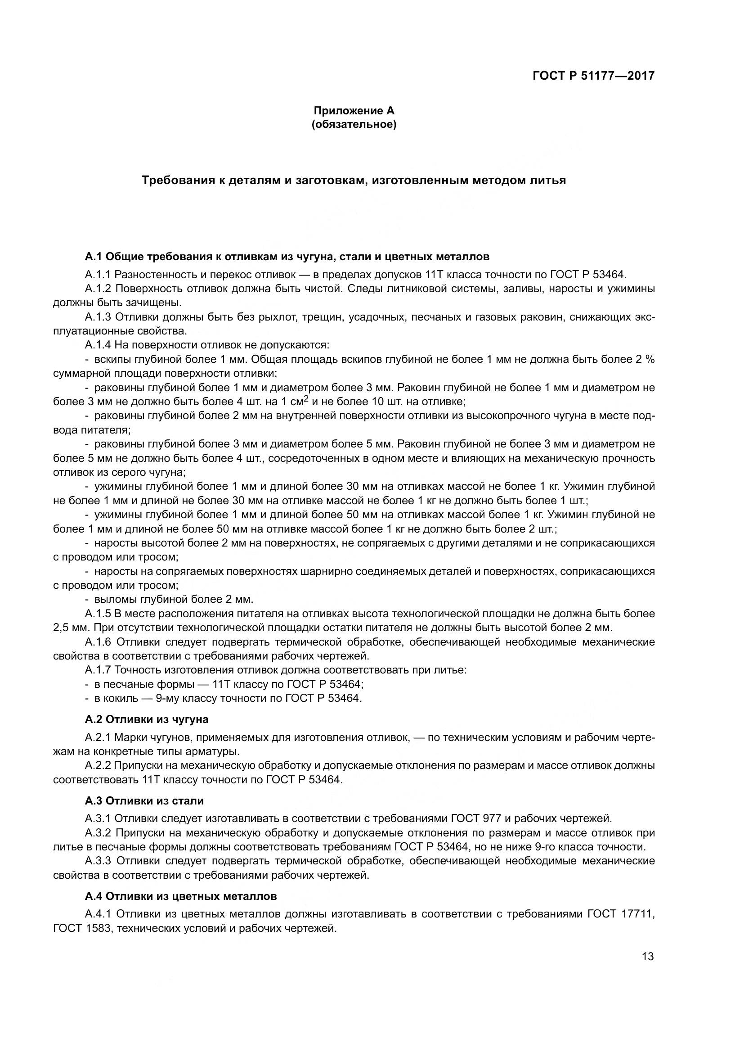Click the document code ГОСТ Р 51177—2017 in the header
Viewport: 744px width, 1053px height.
593,76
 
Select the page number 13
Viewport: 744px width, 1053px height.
648,957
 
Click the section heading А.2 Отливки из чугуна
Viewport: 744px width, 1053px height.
146,719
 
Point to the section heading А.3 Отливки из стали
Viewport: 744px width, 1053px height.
144,801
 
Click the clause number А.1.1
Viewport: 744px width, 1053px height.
98,275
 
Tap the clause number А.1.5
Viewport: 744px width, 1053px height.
98,614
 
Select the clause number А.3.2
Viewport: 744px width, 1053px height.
98,833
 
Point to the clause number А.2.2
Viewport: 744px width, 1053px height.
98,765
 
